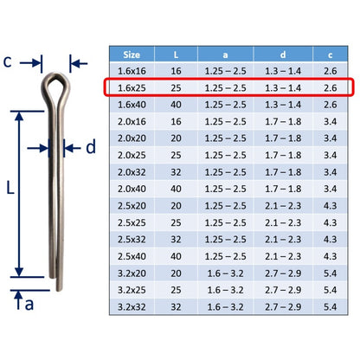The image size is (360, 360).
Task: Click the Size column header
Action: point(132,55)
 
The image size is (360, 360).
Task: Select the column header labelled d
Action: point(283,55)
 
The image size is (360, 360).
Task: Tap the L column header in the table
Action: point(176,55)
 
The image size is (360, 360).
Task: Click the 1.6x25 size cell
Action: point(132,87)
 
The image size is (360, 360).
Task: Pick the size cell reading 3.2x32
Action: point(132,306)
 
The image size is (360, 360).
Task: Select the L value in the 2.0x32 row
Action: point(176,172)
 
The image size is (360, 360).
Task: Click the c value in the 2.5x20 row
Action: point(331,206)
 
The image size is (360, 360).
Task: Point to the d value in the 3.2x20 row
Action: point(283,273)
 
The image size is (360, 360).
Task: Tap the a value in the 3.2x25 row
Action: point(225,290)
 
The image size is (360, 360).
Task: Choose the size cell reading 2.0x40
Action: point(132,189)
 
